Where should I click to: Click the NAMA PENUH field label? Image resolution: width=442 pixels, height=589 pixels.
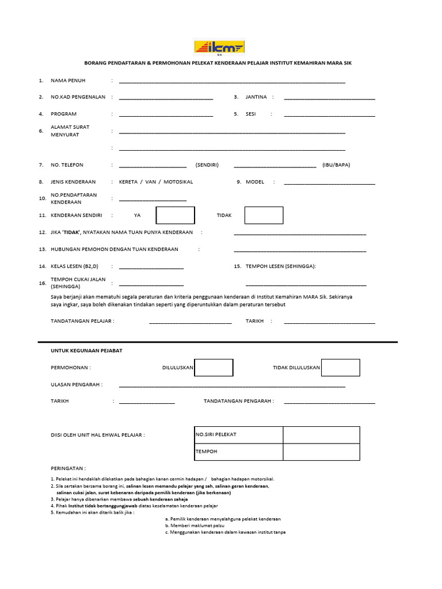pos(68,81)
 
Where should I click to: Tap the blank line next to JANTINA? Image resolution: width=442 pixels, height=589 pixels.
pos(329,98)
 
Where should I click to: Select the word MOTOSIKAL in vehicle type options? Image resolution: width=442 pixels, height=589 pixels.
pos(178,182)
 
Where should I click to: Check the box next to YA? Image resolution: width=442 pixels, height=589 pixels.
pos(176,215)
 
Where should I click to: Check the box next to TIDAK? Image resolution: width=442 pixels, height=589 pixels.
pos(264,215)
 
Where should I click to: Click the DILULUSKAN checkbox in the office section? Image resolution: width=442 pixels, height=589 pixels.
pos(214,368)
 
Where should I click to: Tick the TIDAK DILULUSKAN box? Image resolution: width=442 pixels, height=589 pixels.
pos(340,368)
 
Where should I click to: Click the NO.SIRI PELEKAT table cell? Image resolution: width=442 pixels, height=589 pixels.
pos(238,435)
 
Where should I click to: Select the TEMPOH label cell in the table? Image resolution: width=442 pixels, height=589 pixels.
pos(238,452)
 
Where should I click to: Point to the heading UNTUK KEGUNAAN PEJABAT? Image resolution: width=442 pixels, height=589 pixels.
pos(86,350)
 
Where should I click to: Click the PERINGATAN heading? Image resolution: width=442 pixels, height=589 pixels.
pos(68,469)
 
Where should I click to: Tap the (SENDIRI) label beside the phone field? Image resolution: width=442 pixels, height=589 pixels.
pos(207,165)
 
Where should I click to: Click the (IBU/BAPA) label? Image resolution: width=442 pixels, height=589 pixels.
pos(336,165)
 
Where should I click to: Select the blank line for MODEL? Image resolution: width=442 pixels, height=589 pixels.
pos(329,183)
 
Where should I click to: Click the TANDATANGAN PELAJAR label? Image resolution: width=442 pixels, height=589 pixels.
pos(82,321)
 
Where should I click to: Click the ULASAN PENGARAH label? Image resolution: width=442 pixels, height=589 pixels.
pos(77,384)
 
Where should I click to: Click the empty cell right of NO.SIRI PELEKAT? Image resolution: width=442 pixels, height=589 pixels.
pos(321,435)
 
